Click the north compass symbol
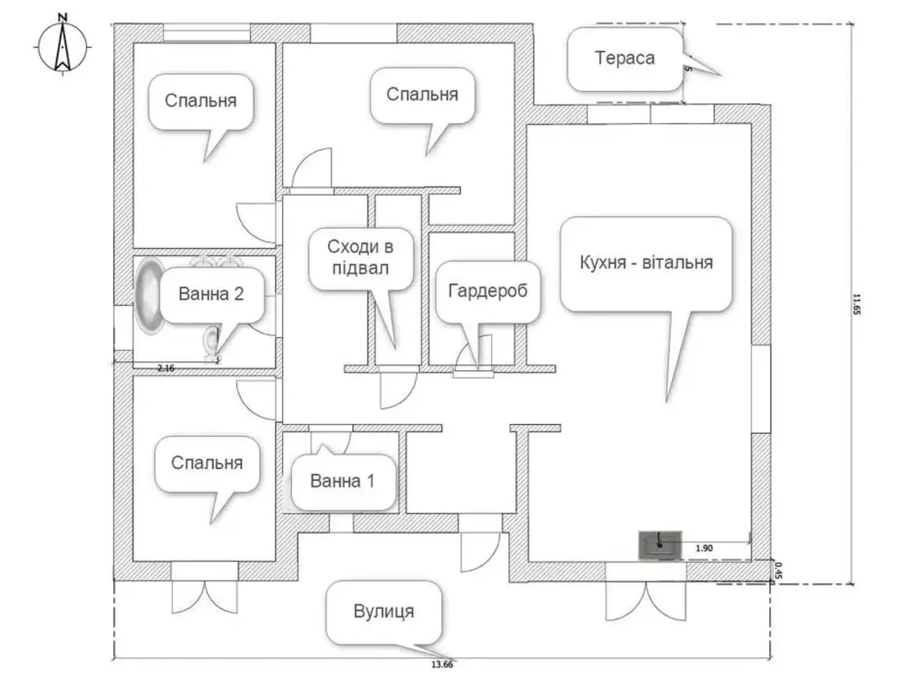62,46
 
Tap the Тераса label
625,59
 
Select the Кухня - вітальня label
646,263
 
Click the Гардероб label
488,292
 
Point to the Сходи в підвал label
361,258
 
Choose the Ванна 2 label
211,294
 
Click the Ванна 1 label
343,481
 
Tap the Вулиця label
384,613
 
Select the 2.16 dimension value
165,368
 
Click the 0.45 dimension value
777,570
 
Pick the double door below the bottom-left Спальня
203,595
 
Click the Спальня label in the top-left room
200,100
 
